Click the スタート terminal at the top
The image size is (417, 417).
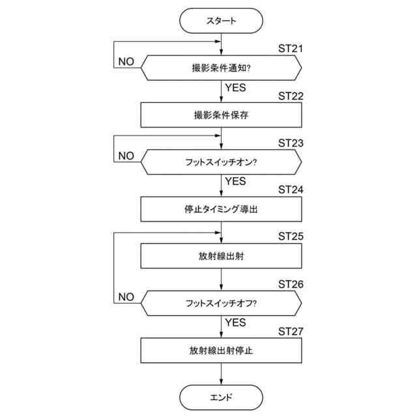coord(221,21)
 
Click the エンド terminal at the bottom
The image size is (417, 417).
coord(221,396)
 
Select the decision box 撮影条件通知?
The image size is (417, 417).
coord(221,67)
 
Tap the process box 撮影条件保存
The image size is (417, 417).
coord(221,115)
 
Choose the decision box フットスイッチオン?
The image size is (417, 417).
coord(221,162)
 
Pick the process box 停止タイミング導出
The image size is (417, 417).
coord(221,209)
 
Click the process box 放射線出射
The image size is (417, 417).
coord(221,256)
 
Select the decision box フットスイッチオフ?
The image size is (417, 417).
coord(221,303)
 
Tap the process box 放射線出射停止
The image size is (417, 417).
coord(221,350)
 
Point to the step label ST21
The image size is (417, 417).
coord(291,48)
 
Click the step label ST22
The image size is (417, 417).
coord(291,96)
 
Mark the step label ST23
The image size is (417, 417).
coord(291,143)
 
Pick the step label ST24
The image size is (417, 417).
coord(291,190)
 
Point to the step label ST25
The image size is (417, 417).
coord(291,237)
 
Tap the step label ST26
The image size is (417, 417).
coord(291,284)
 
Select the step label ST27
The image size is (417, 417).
coord(291,331)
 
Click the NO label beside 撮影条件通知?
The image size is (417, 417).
coord(126,61)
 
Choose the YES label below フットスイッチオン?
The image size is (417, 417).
coord(235,180)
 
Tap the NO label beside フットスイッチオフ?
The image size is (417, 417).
coord(126,297)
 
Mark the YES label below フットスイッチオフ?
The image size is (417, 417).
coord(235,322)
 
